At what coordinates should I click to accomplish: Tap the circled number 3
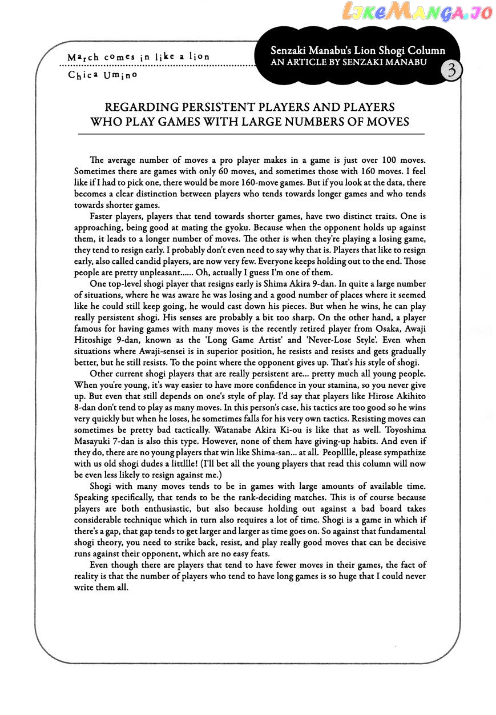pyautogui.click(x=451, y=71)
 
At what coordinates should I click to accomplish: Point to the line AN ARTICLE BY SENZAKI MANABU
pyautogui.click(x=349, y=61)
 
